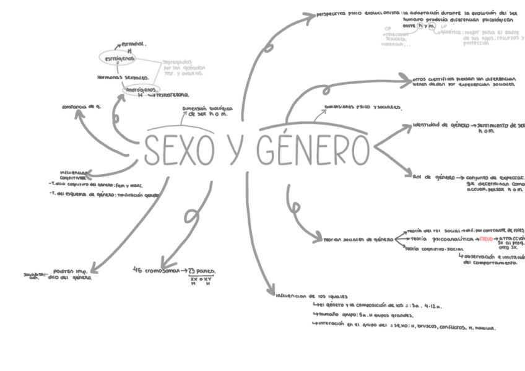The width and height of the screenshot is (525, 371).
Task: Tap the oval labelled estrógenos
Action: pyautogui.click(x=120, y=58)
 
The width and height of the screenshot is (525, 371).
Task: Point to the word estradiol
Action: pyautogui.click(x=132, y=44)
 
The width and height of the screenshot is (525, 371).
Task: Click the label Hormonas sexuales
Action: pyautogui.click(x=123, y=77)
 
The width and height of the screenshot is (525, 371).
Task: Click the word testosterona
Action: pyautogui.click(x=173, y=95)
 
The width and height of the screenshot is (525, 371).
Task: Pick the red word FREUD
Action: pyautogui.click(x=486, y=238)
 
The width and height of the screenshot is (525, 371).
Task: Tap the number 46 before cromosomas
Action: pyautogui.click(x=138, y=270)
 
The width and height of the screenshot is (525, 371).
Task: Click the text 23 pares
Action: pyautogui.click(x=202, y=271)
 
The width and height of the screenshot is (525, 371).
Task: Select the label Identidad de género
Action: pyautogui.click(x=441, y=125)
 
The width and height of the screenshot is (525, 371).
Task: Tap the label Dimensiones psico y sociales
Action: pyautogui.click(x=362, y=107)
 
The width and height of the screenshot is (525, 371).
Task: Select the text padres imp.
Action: pyautogui.click(x=69, y=271)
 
